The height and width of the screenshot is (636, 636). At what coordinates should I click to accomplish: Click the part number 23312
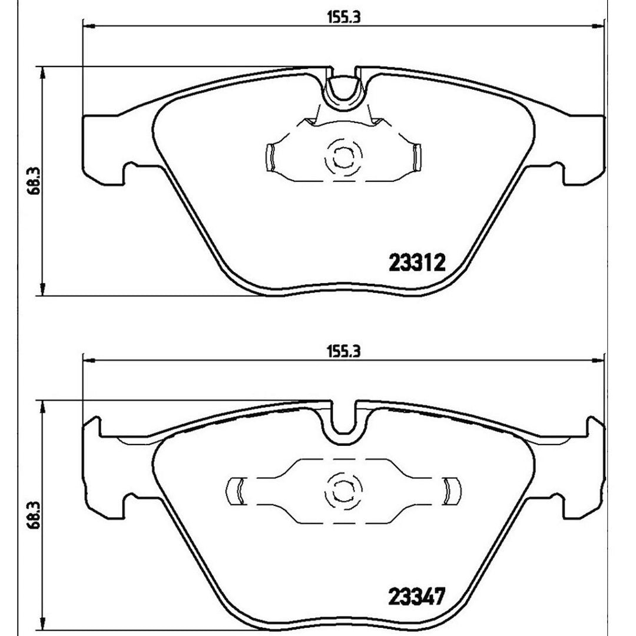pos(417,263)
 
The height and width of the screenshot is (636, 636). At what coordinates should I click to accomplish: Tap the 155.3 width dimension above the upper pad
pos(343,18)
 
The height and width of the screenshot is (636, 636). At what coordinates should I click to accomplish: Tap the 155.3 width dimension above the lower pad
pos(343,351)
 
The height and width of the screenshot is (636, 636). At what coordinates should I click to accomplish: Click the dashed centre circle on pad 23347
pos(343,492)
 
